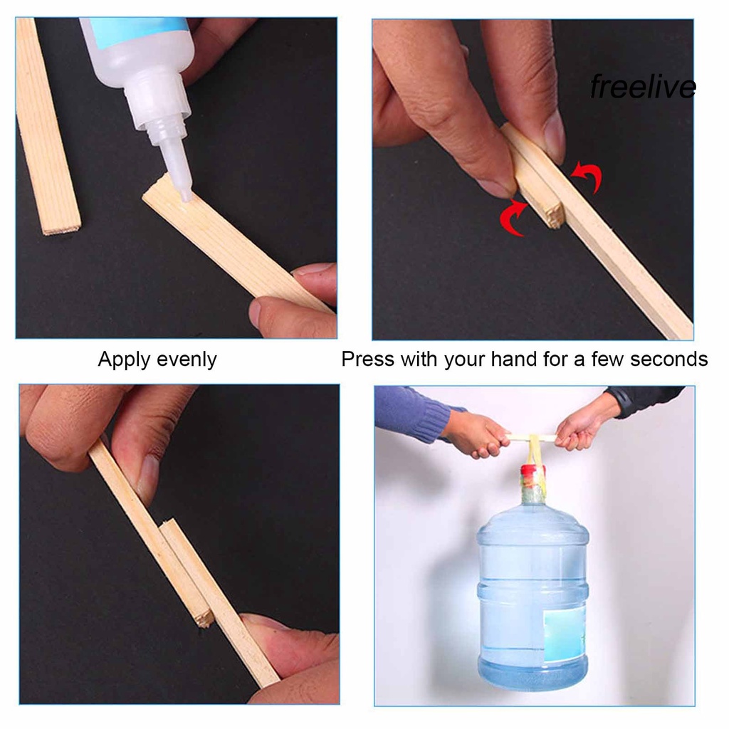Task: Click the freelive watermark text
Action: pos(643,86)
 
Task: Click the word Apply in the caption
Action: pos(124,360)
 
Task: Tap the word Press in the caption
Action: pos(368,359)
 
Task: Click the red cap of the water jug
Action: pos(533,471)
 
